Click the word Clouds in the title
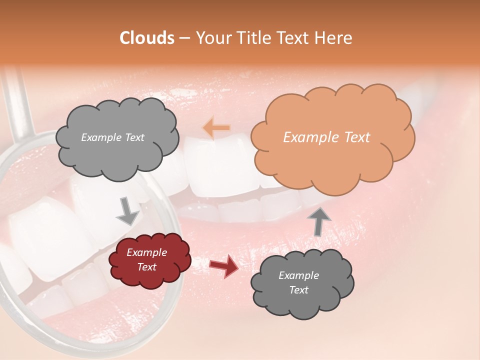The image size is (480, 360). (147, 38)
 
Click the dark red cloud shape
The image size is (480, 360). (149, 260)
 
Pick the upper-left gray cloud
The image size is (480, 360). (116, 137)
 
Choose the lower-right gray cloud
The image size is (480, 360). (302, 282)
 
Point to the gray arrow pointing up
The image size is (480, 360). (318, 220)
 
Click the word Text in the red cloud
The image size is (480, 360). (147, 267)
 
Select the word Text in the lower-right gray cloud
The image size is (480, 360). (298, 290)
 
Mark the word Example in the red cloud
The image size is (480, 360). (147, 252)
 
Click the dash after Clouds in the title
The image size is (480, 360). (184, 38)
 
